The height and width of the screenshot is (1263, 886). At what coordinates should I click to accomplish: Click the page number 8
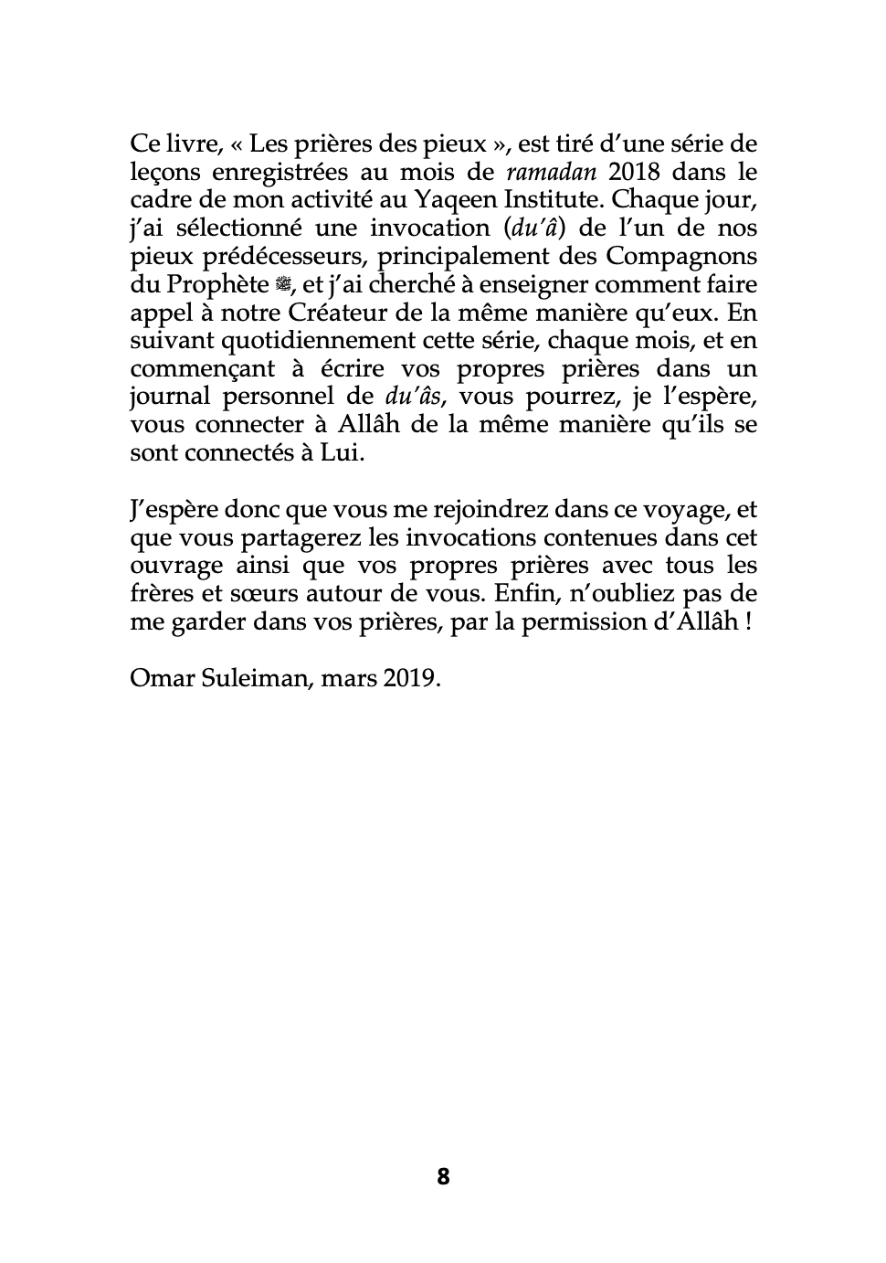coord(443,1176)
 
